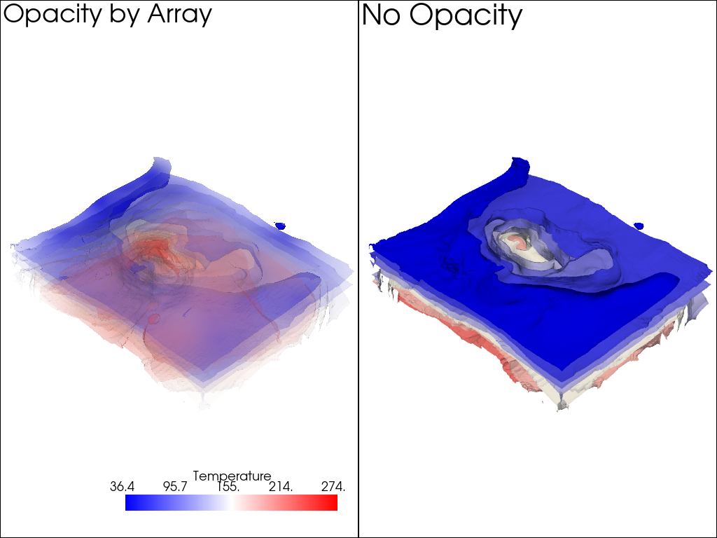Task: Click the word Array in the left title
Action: point(179,15)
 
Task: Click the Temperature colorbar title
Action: point(231,476)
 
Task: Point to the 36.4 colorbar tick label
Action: point(122,487)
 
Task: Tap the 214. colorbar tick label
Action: point(280,487)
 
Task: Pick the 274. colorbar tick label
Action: point(333,487)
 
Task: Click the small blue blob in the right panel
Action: point(639,226)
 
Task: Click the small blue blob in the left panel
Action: point(280,226)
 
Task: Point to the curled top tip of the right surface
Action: point(519,163)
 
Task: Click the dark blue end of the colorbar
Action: point(130,503)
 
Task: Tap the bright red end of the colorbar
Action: point(333,503)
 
